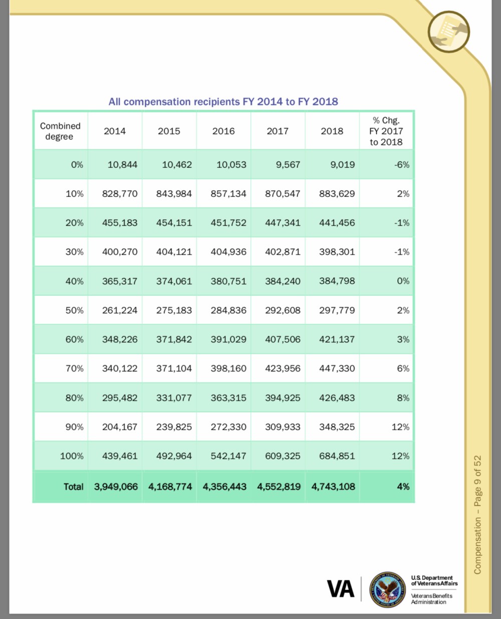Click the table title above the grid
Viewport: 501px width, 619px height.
(x=223, y=102)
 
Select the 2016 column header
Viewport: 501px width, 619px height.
(x=223, y=131)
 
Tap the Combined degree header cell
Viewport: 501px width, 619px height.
(x=60, y=131)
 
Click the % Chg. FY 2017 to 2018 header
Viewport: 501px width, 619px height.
(x=386, y=131)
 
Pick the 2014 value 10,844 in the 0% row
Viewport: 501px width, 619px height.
(x=122, y=165)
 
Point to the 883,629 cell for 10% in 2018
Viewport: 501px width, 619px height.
(x=337, y=194)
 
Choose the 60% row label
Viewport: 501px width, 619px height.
(x=74, y=340)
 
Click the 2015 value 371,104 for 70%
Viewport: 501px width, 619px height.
(x=174, y=369)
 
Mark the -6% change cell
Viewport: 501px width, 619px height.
(x=402, y=165)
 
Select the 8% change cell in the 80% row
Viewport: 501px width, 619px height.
(x=403, y=398)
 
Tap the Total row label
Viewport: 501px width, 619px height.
(x=73, y=487)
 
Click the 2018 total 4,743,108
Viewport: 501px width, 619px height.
(x=333, y=487)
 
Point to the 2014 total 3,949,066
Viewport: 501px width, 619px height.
(x=116, y=487)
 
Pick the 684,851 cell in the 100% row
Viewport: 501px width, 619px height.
(x=337, y=456)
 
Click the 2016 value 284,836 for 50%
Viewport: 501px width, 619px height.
(x=228, y=311)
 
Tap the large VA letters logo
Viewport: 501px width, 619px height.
(x=341, y=589)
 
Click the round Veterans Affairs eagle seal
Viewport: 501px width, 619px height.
(x=388, y=589)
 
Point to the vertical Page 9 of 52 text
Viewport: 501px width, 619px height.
(x=477, y=514)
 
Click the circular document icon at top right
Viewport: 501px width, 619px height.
(x=449, y=31)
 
